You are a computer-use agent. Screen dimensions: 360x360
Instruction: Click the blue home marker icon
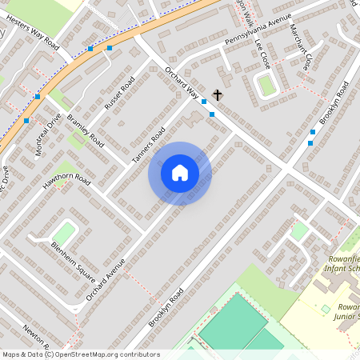tap(180, 173)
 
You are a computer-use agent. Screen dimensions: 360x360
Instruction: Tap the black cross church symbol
tap(218, 94)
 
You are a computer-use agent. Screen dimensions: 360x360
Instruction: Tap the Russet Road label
tap(119, 93)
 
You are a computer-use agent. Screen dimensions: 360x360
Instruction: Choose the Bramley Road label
tap(86, 130)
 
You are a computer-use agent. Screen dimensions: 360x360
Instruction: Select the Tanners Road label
tap(148, 145)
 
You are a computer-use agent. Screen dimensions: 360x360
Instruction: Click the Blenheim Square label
tap(74, 256)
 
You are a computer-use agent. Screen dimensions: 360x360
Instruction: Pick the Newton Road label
tap(38, 341)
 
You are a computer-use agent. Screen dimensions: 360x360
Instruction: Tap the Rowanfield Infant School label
tap(344, 264)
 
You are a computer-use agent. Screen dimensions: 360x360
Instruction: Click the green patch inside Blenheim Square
tap(64, 234)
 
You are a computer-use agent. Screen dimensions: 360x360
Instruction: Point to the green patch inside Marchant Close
tap(267, 84)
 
